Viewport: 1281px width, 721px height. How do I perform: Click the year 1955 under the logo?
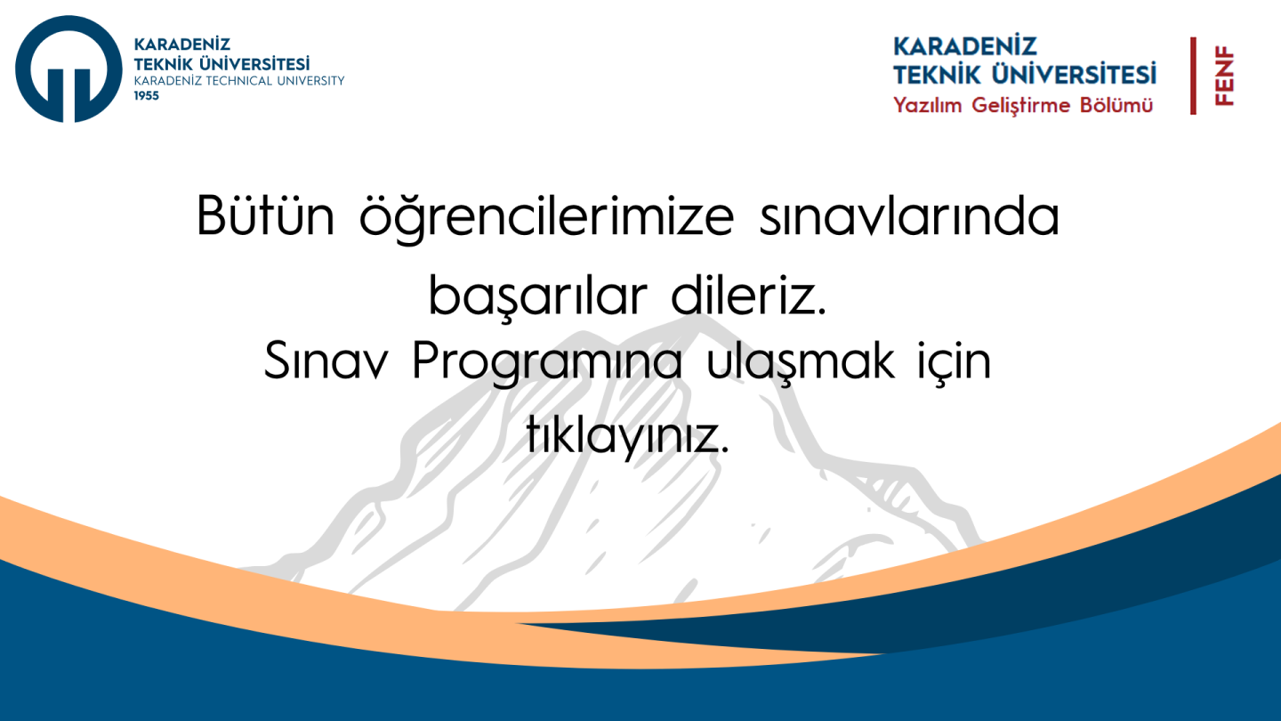point(147,96)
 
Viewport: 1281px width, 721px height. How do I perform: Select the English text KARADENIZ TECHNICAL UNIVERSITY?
point(239,81)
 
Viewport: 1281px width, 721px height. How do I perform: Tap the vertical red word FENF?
point(1224,77)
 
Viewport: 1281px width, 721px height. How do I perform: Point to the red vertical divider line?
point(1193,76)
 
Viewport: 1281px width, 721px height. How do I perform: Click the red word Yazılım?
point(928,105)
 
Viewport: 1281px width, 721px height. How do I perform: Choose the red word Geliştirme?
point(1021,106)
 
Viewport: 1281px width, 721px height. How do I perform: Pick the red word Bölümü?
point(1116,105)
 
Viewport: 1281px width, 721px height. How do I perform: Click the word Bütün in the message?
point(265,215)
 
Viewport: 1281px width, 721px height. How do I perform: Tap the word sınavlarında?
point(909,216)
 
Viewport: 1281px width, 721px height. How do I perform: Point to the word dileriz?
point(749,295)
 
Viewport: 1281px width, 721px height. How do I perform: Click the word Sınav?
point(326,360)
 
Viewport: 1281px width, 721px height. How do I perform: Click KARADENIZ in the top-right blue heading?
point(964,46)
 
